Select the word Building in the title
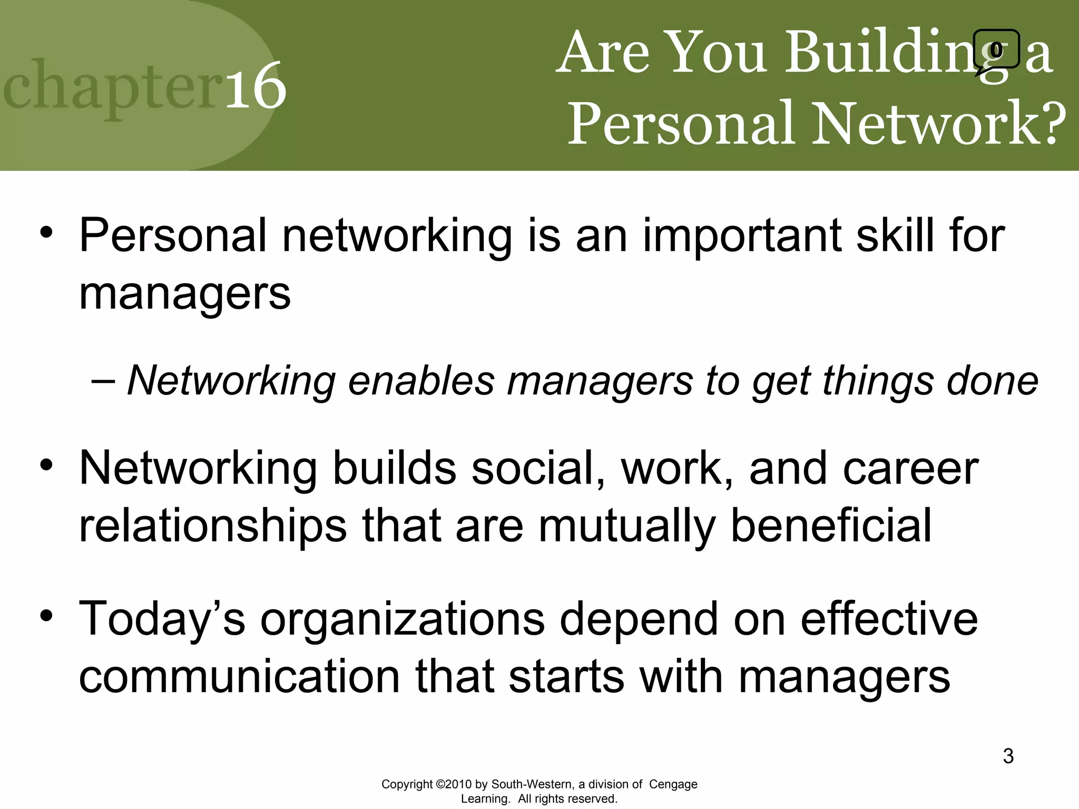pyautogui.click(x=896, y=53)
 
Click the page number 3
pyautogui.click(x=1008, y=756)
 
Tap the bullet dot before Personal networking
pyautogui.click(x=46, y=232)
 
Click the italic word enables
pyautogui.click(x=421, y=380)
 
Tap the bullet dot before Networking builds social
pyautogui.click(x=46, y=465)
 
